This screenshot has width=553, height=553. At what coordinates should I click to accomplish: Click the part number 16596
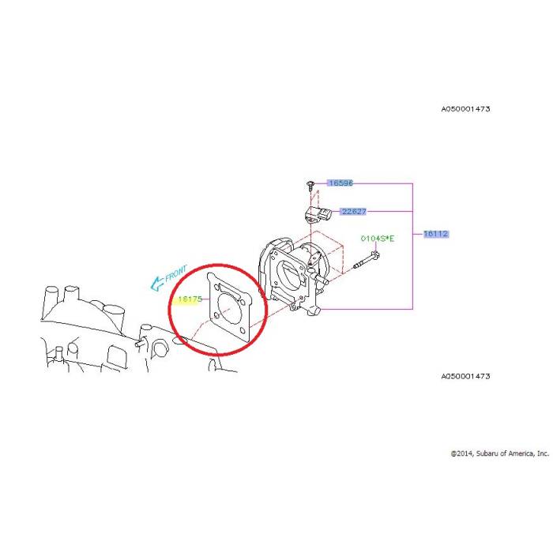point(340,183)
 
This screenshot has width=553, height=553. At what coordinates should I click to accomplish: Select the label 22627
point(354,211)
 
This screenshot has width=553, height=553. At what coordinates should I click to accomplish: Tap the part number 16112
point(436,234)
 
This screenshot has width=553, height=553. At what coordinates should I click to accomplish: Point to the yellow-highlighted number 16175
point(190,299)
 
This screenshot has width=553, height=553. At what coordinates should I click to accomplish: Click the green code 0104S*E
point(378,239)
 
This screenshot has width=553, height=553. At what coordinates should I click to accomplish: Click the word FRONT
point(175,273)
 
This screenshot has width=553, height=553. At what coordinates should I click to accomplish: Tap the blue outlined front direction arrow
point(157,284)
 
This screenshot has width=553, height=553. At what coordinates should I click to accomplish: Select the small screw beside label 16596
point(310,185)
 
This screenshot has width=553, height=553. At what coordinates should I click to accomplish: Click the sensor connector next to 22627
point(319,214)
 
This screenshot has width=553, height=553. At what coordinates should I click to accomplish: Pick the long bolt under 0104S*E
point(367,259)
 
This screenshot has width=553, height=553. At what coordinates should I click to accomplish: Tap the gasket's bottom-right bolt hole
point(243,330)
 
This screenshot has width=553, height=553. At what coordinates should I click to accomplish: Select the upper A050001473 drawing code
point(465,109)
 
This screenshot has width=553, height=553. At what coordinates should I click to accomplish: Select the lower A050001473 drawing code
point(465,376)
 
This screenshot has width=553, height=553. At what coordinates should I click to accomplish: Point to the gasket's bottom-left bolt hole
point(216,315)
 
